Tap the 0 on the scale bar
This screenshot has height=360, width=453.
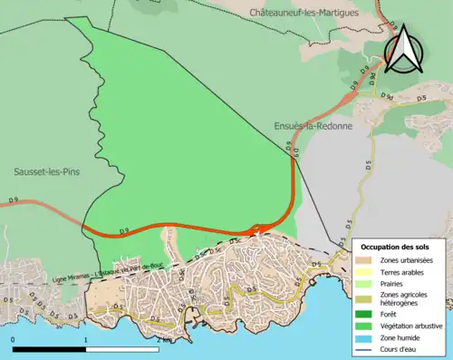13,340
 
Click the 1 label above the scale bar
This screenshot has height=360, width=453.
85,340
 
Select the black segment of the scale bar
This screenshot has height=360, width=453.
49,349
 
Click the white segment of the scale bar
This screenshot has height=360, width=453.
121,349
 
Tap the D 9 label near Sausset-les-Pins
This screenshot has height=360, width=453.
14,199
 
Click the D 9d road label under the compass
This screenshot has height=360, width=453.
387,95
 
